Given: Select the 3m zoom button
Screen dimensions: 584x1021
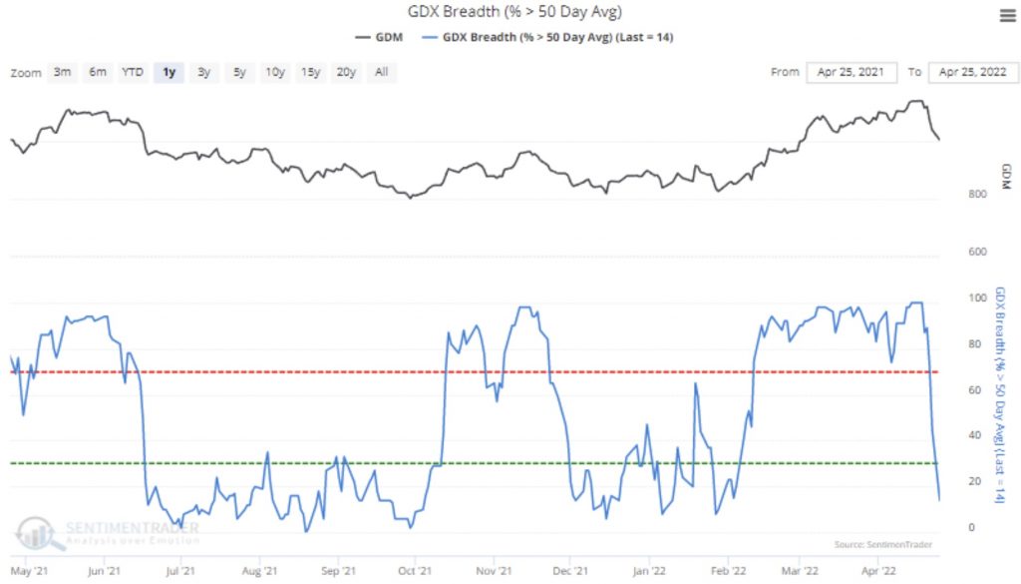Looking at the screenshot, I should [x=62, y=72].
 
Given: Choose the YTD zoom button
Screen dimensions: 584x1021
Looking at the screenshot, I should [x=132, y=72].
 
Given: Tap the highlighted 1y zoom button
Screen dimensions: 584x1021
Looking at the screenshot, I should [x=169, y=72].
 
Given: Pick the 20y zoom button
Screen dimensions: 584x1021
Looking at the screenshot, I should [x=346, y=72].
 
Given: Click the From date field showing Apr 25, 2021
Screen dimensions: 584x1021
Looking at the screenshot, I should [x=850, y=72].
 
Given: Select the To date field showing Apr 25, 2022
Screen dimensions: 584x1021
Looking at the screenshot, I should [x=972, y=72].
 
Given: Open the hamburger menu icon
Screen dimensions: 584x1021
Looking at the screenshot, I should [x=1006, y=15].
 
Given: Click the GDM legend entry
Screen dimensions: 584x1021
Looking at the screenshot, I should [x=378, y=37].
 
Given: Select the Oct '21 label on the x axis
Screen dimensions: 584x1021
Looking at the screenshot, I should [x=413, y=572].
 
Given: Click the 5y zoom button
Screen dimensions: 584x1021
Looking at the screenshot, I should [x=240, y=72].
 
